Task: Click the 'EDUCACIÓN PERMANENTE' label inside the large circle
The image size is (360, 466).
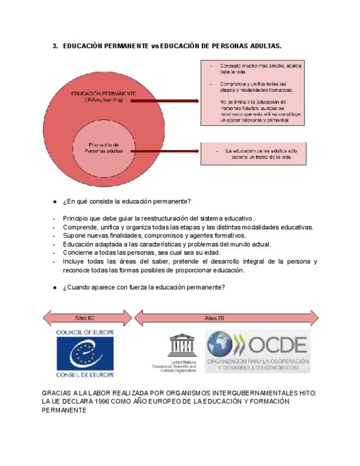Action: click(104, 94)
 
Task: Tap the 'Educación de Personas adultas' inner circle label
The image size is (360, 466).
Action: click(104, 147)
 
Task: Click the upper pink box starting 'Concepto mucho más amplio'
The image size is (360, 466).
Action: click(252, 93)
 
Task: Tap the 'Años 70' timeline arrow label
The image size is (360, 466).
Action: click(214, 318)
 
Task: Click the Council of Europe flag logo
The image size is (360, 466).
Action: click(85, 353)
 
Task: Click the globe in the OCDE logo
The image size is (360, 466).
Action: click(219, 344)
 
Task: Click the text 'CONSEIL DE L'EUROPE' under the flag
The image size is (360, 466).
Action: click(85, 374)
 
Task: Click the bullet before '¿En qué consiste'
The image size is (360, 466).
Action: click(55, 201)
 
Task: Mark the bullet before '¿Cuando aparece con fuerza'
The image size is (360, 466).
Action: click(55, 287)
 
